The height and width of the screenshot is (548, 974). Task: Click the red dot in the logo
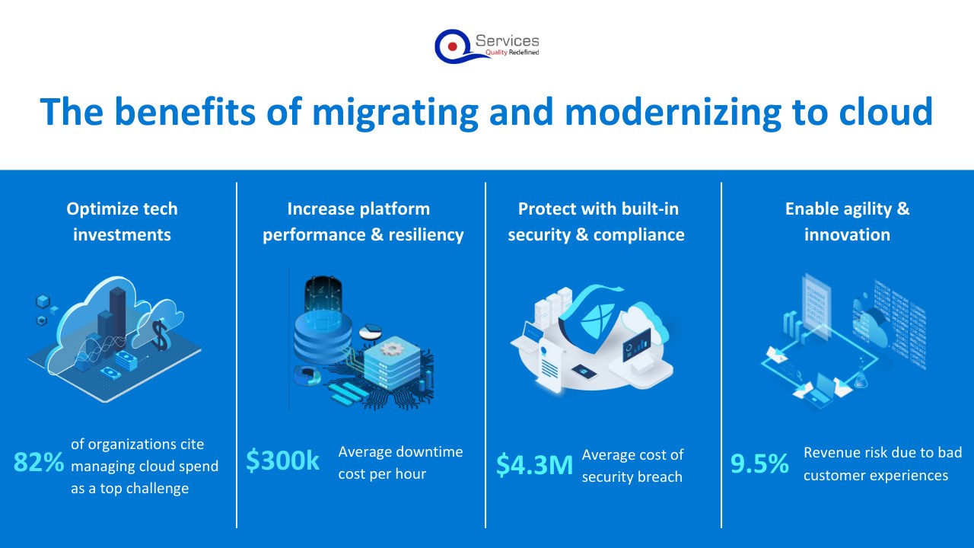coord(452,46)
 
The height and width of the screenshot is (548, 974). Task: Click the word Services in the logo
coord(507,41)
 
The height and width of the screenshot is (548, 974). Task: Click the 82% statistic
coord(39,462)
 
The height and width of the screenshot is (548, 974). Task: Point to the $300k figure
coord(282,460)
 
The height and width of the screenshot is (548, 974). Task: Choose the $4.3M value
coord(534,464)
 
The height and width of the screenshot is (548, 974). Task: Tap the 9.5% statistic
coord(759,464)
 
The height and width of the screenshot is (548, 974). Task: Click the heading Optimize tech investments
coord(123,221)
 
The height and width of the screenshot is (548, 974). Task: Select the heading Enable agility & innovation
coord(847,221)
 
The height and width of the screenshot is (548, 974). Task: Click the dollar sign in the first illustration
coord(160,335)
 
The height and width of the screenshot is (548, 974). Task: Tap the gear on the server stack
coord(393,349)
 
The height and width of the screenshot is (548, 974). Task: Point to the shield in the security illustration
coord(591,320)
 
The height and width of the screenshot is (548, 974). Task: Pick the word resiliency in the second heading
coord(426,235)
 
